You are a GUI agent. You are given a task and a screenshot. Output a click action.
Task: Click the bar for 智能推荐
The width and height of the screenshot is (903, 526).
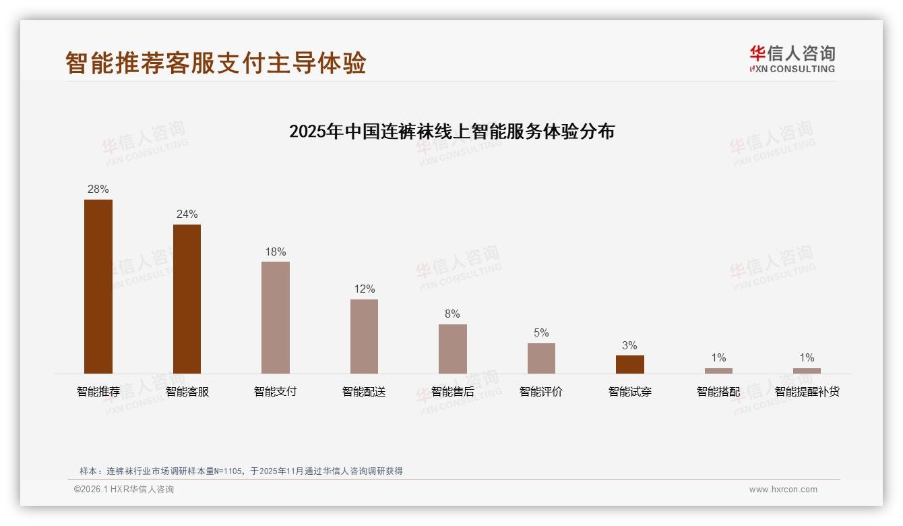(98, 286)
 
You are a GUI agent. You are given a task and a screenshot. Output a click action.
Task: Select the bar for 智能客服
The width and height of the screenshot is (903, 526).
(187, 299)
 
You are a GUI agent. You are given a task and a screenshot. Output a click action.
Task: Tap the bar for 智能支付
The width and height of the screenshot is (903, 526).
(276, 317)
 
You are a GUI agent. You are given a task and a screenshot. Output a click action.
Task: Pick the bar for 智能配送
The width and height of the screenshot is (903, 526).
(364, 336)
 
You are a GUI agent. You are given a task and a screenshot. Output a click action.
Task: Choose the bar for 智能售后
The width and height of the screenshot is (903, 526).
(452, 349)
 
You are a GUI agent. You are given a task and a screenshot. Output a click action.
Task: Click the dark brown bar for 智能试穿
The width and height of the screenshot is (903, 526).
(629, 364)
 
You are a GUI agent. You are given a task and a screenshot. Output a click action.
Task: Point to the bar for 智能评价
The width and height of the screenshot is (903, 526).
(541, 358)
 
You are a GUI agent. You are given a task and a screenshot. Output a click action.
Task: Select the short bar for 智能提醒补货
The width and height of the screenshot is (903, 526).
(807, 370)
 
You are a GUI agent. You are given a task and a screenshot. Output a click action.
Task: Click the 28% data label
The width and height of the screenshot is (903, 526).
(98, 189)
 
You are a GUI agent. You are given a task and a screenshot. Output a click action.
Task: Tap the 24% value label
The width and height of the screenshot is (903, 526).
(187, 214)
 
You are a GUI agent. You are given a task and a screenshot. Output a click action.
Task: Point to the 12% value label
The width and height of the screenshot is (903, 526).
(364, 289)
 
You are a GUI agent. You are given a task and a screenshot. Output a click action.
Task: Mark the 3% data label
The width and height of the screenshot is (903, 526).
(629, 345)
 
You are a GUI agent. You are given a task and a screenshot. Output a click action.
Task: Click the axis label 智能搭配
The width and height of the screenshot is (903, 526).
(718, 391)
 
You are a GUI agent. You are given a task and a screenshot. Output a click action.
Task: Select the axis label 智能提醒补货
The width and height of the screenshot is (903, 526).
(807, 391)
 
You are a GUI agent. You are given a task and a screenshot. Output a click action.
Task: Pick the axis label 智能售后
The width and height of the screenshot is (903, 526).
(452, 391)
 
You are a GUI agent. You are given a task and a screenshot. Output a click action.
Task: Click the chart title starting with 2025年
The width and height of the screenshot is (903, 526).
(452, 131)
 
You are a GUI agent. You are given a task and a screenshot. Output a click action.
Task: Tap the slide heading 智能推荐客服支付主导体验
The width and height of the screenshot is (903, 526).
(216, 62)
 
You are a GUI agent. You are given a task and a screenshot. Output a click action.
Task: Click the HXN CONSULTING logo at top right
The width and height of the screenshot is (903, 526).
(792, 59)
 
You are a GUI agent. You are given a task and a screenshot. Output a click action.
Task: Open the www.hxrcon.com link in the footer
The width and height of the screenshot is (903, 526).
(783, 490)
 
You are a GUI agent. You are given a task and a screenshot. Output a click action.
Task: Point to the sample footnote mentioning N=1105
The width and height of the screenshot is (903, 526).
(241, 471)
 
